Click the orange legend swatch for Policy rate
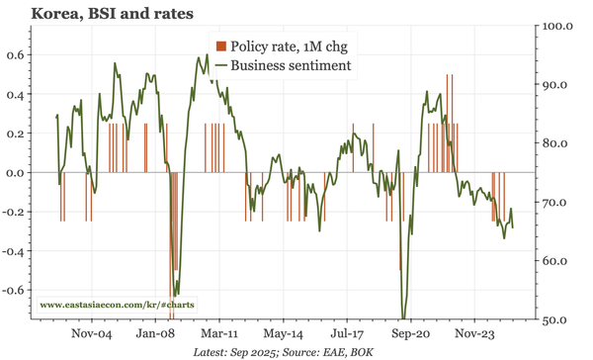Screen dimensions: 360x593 click(x=221, y=45)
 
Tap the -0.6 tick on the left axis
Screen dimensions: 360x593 click(x=13, y=291)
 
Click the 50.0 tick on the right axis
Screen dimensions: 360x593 click(x=560, y=320)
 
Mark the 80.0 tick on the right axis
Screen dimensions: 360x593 click(x=560, y=143)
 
